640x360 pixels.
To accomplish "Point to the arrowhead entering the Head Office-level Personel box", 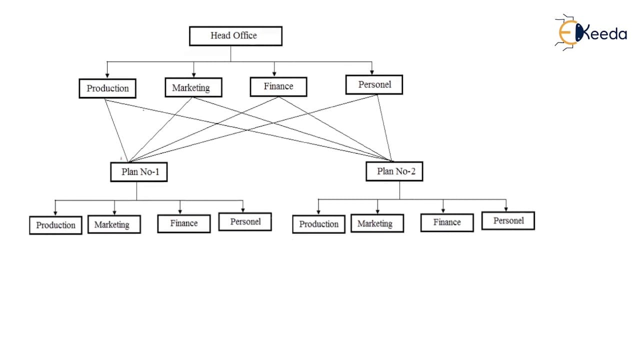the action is [371, 72].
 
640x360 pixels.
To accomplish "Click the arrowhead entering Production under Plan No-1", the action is [55, 213].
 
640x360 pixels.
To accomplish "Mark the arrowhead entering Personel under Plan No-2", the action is [506, 209].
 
